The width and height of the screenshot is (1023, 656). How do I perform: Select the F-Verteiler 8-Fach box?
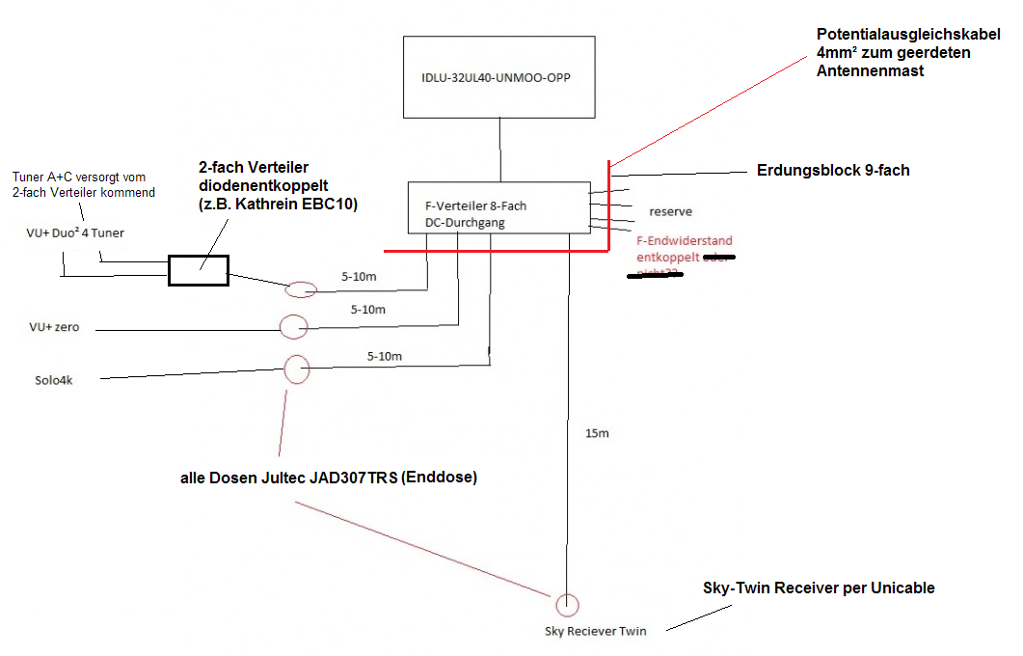[x=498, y=207]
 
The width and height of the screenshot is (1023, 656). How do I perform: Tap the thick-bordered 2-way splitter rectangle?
[x=199, y=270]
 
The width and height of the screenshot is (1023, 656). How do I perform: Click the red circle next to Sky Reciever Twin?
[x=568, y=605]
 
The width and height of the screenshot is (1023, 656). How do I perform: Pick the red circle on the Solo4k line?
[x=297, y=369]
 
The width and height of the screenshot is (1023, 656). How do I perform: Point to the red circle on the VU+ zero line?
[x=293, y=327]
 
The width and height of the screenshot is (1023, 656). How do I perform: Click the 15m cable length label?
[x=598, y=434]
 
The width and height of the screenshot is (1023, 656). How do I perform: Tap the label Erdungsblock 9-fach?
[x=833, y=171]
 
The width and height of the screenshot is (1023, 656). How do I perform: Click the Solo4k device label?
[x=54, y=380]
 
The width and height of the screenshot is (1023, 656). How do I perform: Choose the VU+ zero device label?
[x=54, y=328]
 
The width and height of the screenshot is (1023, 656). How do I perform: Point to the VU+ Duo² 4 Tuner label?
[x=75, y=232]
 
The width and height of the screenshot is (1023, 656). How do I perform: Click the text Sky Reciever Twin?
[x=596, y=631]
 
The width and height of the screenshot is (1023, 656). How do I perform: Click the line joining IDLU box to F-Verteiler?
[x=499, y=150]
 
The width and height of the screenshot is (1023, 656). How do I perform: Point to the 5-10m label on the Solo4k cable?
[x=385, y=357]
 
